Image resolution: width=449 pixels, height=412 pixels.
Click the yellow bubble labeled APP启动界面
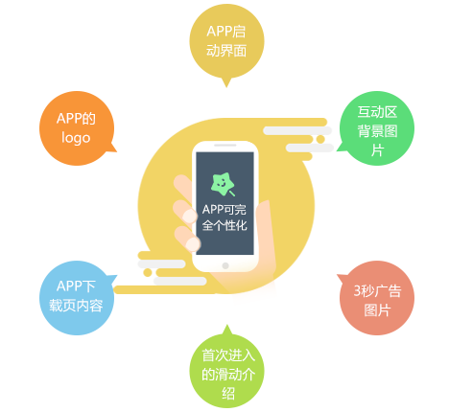click(x=226, y=41)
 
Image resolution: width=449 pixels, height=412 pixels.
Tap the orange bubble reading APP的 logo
click(x=77, y=128)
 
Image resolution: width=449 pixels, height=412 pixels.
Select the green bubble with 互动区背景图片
click(x=377, y=128)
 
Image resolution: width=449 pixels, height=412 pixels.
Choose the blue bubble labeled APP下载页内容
click(x=77, y=298)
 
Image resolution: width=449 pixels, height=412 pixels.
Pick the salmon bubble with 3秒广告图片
click(x=377, y=298)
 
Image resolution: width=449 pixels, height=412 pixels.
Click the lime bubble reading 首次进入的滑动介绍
click(x=227, y=371)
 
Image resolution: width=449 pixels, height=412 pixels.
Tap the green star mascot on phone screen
click(x=223, y=184)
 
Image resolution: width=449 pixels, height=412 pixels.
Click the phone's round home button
click(x=225, y=265)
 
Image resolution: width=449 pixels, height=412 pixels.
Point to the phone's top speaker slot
click(x=225, y=146)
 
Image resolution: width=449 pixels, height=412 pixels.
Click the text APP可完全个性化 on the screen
click(x=224, y=217)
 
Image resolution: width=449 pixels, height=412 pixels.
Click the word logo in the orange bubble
click(x=76, y=138)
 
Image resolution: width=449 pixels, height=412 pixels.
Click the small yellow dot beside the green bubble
click(x=320, y=139)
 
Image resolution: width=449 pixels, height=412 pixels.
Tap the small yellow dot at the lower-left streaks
click(x=148, y=272)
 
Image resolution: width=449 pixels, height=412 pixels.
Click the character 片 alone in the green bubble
click(x=377, y=150)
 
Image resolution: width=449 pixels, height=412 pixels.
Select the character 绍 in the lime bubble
click(x=228, y=394)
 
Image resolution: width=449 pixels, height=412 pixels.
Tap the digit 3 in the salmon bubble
click(x=358, y=291)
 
